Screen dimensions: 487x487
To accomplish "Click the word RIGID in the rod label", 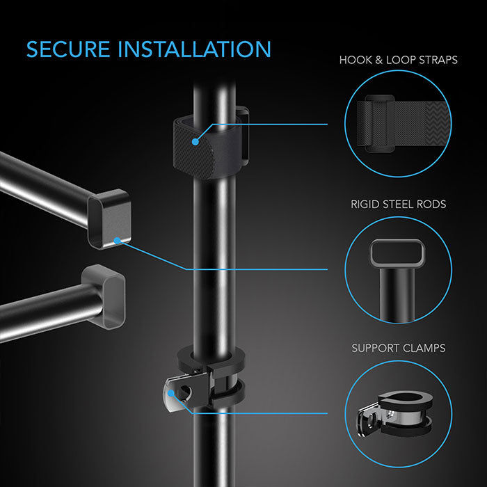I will pos(367,204).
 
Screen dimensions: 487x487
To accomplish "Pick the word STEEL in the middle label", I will pos(401,204).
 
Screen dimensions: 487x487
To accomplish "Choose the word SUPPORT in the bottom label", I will pos(376,348).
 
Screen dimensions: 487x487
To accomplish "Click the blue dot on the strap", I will pos(196,141).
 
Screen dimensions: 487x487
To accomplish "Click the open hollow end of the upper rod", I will pos(105,218).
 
